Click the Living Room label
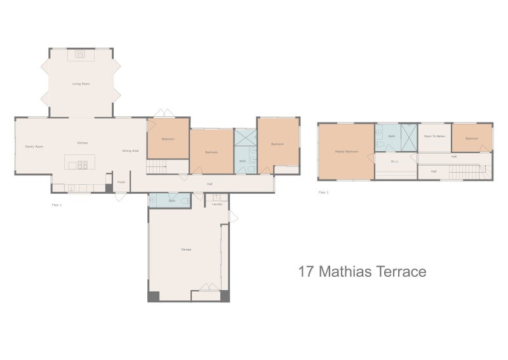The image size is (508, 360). coord(81,84)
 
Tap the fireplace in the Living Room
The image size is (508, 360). coord(81,55)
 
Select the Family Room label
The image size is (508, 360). coord(34,147)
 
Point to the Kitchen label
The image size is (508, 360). coord(83,143)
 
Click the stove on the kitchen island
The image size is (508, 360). coord(83,165)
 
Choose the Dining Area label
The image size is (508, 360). coord(131,150)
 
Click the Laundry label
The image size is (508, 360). coord(217,204)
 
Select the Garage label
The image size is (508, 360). coord(186,250)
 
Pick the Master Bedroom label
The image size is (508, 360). coord(347,152)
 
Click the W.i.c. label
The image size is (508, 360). coord(394,161)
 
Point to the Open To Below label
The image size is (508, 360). coord(435,137)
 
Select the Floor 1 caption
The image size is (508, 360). coord(56,205)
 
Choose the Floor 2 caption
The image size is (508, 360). coord(323,191)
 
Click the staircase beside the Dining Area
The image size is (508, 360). coord(157,167)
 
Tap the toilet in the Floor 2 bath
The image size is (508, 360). coord(379,134)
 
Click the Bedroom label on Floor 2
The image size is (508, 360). coord(471,138)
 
